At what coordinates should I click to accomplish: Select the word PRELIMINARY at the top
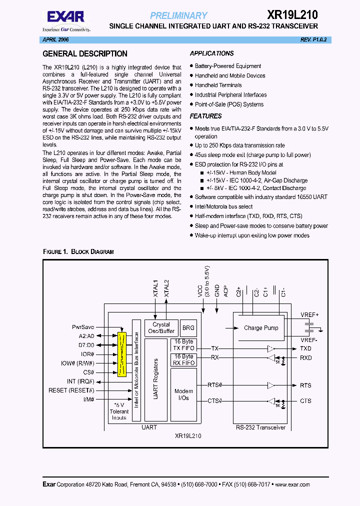coord(178,15)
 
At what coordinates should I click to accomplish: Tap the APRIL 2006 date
coord(55,39)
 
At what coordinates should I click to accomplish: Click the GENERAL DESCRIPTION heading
coord(85,54)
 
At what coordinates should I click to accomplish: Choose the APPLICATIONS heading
coord(211,53)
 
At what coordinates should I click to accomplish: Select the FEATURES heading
coord(205,116)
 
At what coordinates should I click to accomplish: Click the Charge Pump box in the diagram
coord(260,328)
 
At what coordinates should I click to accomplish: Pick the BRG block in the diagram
coord(187,327)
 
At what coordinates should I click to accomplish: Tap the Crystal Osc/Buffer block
coord(161,328)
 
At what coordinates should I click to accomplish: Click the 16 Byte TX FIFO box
coord(183,345)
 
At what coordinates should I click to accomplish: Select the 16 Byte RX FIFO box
coord(183,359)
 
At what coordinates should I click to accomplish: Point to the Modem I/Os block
coord(183,394)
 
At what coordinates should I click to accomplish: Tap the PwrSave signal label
coord(83,326)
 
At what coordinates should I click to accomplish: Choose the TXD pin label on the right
coord(305,348)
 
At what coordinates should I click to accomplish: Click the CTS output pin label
coord(305,401)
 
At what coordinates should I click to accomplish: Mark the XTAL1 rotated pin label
coord(155,289)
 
